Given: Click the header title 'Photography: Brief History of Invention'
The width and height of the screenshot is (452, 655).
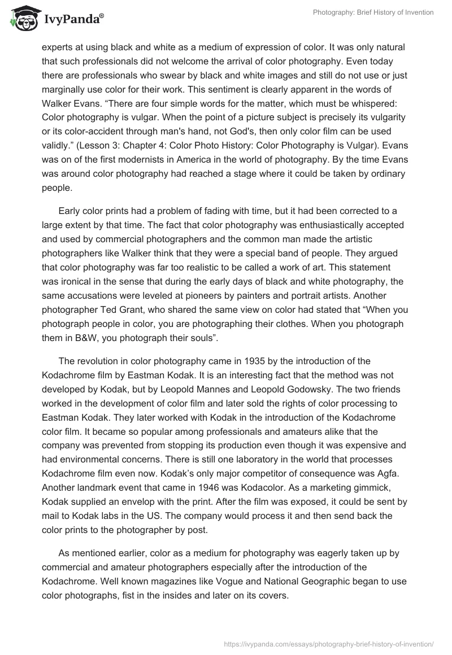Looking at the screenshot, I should coord(373,12).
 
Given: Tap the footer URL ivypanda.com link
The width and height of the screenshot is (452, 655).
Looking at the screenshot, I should coord(329,643).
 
